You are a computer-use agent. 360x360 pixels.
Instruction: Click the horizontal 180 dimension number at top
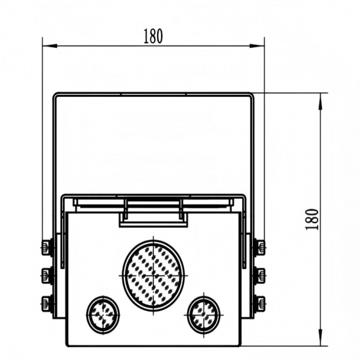[153, 36]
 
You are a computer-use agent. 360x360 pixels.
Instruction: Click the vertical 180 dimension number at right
[312, 219]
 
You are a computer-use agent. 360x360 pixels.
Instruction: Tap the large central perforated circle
[154, 275]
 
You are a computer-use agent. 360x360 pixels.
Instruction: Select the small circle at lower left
[103, 315]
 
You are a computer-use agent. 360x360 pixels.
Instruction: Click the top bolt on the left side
[47, 247]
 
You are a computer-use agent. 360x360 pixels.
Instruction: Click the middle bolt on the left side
[47, 275]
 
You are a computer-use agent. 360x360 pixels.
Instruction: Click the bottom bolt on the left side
[47, 303]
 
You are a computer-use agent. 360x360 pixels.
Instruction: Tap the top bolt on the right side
[259, 247]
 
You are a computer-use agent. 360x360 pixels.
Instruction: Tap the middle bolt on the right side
[259, 275]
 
